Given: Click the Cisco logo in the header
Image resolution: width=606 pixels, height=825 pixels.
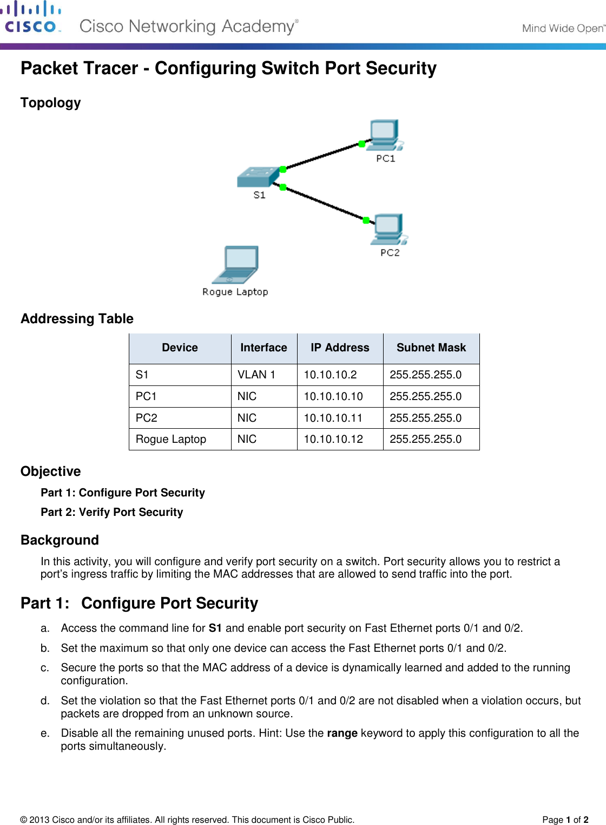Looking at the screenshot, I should coord(32,18).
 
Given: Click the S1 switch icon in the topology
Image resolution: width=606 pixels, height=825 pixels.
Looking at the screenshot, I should coord(258,176).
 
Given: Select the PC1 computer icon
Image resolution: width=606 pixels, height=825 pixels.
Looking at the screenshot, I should coord(385,135).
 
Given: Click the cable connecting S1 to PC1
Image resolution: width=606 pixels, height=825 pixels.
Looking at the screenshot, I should coord(322,156).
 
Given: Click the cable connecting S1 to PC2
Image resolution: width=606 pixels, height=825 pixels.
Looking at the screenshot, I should coord(325,203).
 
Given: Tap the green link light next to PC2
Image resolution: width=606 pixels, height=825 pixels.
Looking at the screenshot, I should coord(366,220).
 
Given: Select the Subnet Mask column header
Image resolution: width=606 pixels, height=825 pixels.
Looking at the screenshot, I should coord(431,348).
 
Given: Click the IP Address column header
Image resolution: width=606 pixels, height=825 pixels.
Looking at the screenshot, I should coord(340,348).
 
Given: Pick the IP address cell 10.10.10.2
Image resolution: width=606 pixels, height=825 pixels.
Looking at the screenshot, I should coord(330,375).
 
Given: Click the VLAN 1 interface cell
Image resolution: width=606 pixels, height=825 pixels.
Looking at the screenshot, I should coord(256,375).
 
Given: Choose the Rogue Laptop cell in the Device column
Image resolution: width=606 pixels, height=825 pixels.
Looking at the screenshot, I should coord(171,439).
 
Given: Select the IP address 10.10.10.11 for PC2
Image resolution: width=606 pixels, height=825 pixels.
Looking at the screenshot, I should coord(333,418).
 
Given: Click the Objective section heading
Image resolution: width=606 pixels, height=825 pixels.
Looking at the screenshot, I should coord(51,472).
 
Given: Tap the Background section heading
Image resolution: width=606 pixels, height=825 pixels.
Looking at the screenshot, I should coord(60,540).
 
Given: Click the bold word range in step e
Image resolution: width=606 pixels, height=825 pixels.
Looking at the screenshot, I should coord(342,733).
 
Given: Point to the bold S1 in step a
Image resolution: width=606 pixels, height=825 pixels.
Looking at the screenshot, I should coord(215,628).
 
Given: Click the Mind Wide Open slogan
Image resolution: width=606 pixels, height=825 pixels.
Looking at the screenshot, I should coord(563,28).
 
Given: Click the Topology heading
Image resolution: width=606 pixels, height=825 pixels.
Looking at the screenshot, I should coord(51,103).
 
